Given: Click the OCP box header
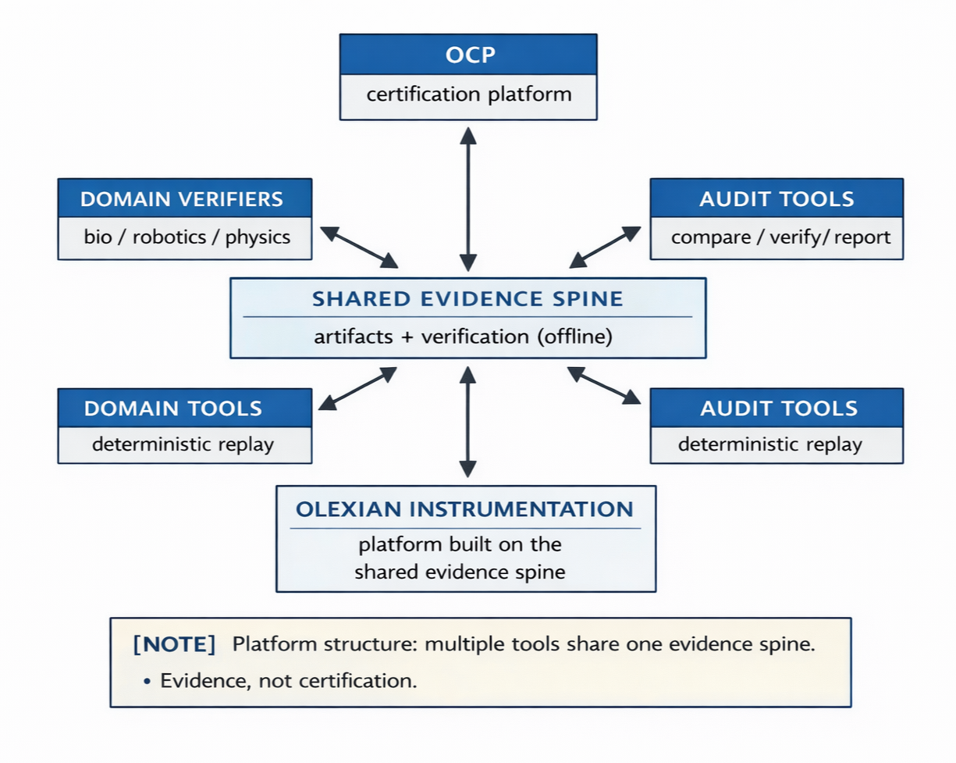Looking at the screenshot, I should click(x=468, y=55).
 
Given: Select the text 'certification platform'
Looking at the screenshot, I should click(x=468, y=95).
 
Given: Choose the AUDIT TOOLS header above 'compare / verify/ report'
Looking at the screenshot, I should click(x=777, y=198).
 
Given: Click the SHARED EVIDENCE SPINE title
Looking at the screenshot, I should click(x=467, y=299).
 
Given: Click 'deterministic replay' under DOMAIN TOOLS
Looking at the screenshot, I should click(x=183, y=444).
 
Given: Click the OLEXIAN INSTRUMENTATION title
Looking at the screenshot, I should click(x=465, y=509).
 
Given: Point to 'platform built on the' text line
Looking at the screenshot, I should click(x=460, y=544).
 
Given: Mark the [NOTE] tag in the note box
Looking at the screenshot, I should click(x=175, y=645).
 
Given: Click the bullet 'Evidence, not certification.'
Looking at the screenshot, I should click(x=288, y=680).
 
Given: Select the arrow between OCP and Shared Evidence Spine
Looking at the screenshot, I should click(x=467, y=199).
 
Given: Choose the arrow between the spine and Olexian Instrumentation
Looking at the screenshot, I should click(x=467, y=422).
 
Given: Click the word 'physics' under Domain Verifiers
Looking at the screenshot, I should click(x=258, y=237).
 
